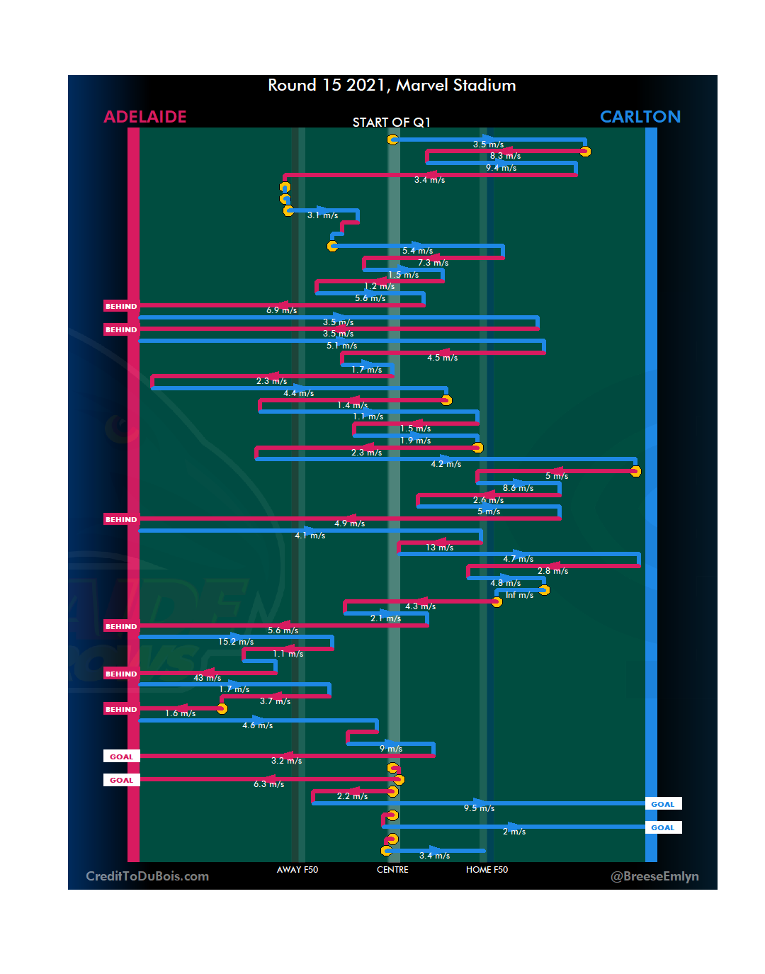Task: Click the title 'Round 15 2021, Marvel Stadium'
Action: click(x=392, y=86)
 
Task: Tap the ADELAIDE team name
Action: click(x=145, y=117)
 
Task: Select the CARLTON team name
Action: click(x=640, y=117)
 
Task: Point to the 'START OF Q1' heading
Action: click(x=392, y=123)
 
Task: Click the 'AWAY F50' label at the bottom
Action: click(x=297, y=870)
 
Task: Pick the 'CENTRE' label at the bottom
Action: click(x=392, y=870)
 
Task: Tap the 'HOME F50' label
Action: click(x=487, y=870)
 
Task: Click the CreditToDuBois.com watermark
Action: click(x=147, y=876)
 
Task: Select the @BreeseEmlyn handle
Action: click(x=654, y=876)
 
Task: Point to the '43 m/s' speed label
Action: click(x=207, y=678)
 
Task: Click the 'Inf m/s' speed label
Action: click(x=519, y=595)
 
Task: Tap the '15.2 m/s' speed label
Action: click(x=236, y=642)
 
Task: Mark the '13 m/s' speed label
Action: click(x=440, y=548)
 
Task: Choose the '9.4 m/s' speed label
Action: click(x=501, y=168)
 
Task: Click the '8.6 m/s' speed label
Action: click(x=518, y=488)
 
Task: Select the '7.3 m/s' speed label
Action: click(x=433, y=263)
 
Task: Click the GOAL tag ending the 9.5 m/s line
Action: click(x=663, y=804)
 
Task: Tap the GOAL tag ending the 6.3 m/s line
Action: click(x=121, y=780)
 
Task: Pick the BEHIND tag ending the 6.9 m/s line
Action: click(x=121, y=307)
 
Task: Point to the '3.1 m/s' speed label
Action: click(x=322, y=215)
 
